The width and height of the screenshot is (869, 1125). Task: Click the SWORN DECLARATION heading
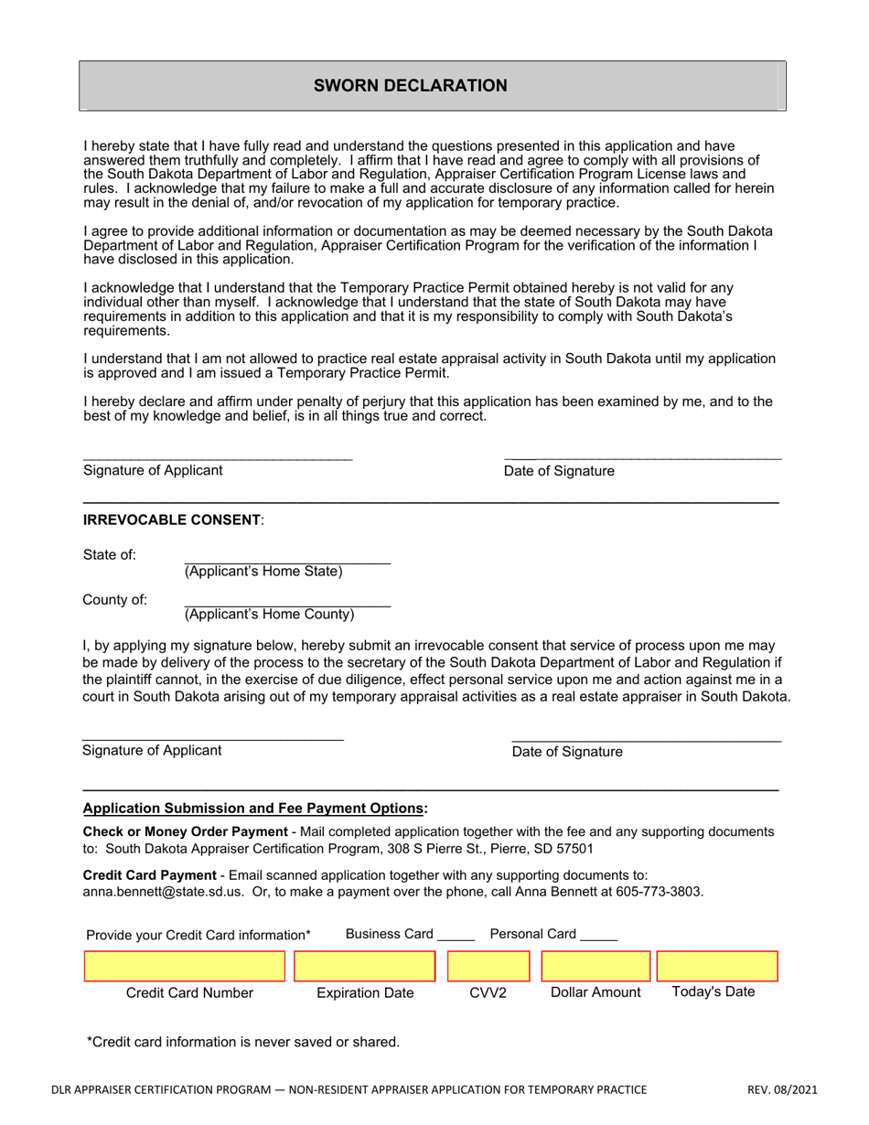click(x=410, y=86)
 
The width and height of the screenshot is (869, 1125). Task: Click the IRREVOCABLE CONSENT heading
click(x=172, y=520)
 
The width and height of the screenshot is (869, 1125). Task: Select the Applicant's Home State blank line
click(x=287, y=559)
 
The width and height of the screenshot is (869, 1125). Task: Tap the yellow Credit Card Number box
click(x=185, y=967)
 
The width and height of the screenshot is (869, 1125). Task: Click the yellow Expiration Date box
click(x=365, y=967)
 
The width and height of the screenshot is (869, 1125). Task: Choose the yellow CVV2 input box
click(x=488, y=967)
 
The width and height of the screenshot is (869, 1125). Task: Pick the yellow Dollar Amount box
click(x=595, y=967)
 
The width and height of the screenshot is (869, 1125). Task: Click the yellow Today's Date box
click(x=717, y=967)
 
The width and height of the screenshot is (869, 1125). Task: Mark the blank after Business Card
click(x=456, y=937)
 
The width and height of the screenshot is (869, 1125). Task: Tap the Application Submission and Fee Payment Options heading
click(x=255, y=809)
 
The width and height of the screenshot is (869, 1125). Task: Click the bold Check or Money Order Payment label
click(x=185, y=831)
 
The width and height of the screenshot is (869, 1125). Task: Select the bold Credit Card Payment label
click(x=150, y=874)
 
